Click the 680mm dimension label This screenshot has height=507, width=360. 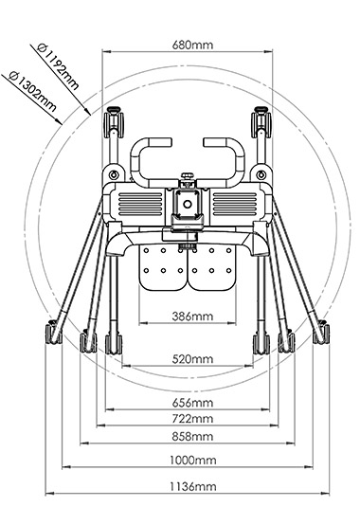tap(192, 45)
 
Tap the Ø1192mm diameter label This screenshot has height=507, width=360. tap(58, 66)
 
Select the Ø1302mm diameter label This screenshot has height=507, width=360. tap(33, 92)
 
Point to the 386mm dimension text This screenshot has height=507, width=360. tap(192, 316)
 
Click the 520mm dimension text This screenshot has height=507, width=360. tap(192, 359)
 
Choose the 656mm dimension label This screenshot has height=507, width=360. tap(192, 403)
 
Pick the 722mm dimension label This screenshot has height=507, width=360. tap(192, 419)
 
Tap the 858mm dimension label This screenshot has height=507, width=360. tap(192, 437)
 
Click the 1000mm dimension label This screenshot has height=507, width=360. tap(193, 461)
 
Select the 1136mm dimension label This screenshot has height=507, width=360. tap(193, 486)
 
